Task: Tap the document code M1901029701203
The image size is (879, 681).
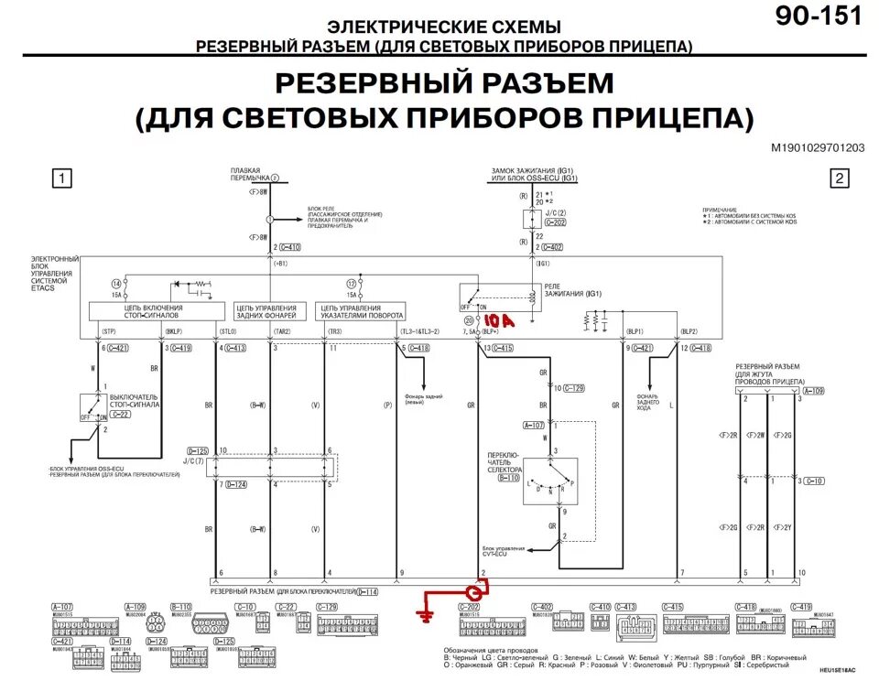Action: click(817, 147)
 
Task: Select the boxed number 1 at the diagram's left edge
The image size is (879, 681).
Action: click(60, 178)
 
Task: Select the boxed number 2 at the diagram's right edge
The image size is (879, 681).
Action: click(839, 178)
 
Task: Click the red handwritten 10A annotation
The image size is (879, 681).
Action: click(499, 321)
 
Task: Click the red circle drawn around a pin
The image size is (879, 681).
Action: click(475, 592)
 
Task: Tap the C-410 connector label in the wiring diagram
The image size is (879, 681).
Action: click(289, 247)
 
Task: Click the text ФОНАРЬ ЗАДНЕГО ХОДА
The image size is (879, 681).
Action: click(648, 403)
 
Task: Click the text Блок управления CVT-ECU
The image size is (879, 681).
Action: click(504, 551)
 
